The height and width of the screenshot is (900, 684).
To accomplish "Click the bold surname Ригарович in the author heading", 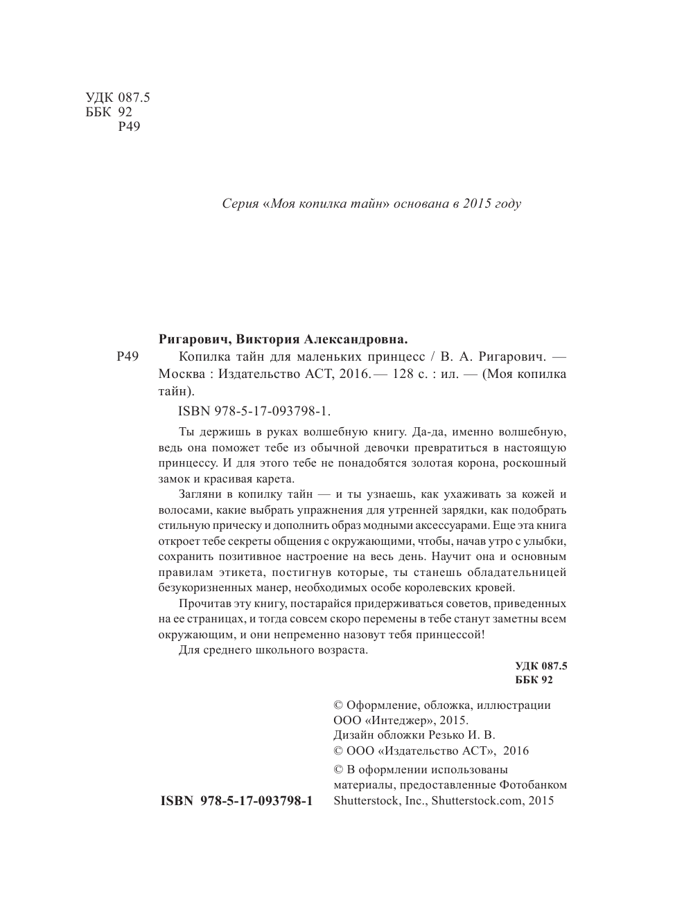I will (195, 339).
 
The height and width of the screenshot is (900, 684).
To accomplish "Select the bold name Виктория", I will (267, 339).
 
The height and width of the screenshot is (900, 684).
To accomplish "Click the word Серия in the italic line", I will (239, 204).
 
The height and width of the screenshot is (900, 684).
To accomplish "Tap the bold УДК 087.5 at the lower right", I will (541, 666).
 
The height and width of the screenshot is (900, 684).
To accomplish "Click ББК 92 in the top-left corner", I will (109, 112).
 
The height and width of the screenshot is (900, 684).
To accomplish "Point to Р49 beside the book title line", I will (130, 357).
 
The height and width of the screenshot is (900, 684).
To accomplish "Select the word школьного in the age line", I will (268, 650).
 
